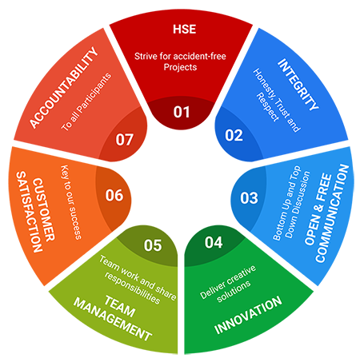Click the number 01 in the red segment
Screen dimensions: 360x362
[182, 112]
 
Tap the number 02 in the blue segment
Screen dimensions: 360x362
[234, 135]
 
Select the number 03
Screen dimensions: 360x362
[249, 198]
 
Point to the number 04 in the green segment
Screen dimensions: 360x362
[214, 242]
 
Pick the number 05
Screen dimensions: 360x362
[153, 245]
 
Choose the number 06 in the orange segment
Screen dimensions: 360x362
[114, 195]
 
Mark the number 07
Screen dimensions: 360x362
[124, 140]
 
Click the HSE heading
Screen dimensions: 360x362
[184, 29]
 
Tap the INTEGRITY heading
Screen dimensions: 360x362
[298, 85]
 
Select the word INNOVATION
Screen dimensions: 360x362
[248, 315]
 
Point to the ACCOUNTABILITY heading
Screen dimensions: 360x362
[64, 88]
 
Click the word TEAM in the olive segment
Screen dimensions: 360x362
[120, 306]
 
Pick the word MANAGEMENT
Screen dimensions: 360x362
[113, 320]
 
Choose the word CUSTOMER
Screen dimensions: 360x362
[43, 209]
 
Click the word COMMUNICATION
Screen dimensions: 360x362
[332, 213]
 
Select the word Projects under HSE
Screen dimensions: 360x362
[180, 67]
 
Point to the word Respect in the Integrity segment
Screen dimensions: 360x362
[267, 107]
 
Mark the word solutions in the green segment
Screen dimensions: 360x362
[234, 292]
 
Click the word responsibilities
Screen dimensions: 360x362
[132, 288]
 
